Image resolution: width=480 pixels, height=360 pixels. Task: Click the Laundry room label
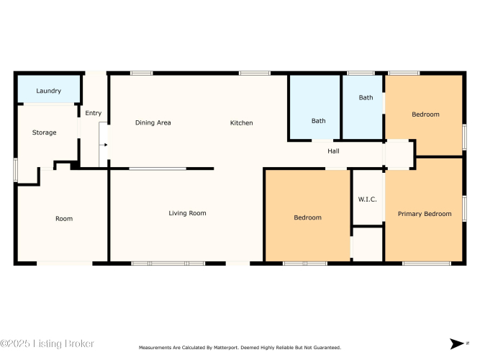click(x=49, y=91)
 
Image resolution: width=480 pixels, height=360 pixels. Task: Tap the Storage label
click(x=45, y=132)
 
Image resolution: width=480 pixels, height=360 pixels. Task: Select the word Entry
click(x=94, y=113)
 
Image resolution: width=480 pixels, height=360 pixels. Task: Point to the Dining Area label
click(x=153, y=122)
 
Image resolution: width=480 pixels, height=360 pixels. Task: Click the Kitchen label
click(x=242, y=123)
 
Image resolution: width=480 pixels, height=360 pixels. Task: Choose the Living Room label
click(x=187, y=213)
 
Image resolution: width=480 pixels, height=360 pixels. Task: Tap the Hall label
click(x=333, y=151)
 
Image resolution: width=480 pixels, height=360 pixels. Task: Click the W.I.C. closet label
click(x=367, y=199)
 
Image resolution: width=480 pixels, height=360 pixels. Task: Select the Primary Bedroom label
click(x=425, y=214)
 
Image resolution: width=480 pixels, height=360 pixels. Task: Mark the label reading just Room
click(x=64, y=218)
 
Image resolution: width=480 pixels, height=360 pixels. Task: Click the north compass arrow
click(x=457, y=343)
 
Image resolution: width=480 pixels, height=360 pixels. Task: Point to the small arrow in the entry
click(x=105, y=145)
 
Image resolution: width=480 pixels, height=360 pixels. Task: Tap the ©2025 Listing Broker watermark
click(x=47, y=343)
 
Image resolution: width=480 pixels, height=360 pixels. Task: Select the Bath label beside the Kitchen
click(x=318, y=121)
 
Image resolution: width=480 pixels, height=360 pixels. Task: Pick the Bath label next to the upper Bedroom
click(x=366, y=97)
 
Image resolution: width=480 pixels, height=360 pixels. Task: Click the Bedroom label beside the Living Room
click(x=308, y=217)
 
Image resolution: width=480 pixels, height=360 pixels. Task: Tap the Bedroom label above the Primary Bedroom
click(x=425, y=114)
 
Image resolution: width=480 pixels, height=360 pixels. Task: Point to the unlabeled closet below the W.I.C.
click(x=368, y=245)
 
